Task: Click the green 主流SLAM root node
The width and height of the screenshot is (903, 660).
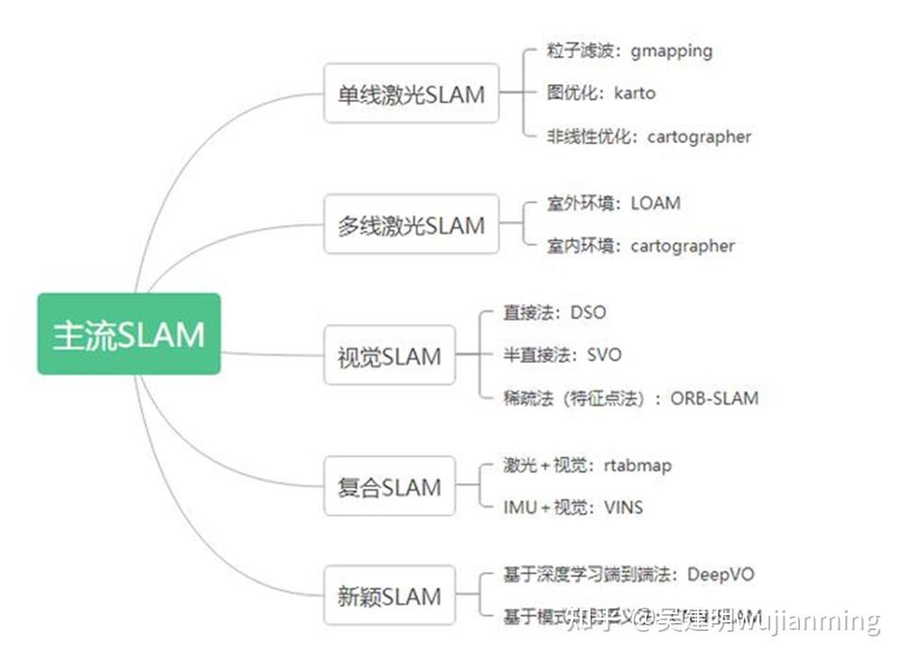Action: (129, 334)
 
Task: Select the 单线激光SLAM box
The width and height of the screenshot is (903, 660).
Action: (411, 94)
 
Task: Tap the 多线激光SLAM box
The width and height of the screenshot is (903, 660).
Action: (411, 225)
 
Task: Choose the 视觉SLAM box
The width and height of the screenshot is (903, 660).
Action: (389, 356)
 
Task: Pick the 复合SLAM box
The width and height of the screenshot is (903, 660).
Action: (389, 488)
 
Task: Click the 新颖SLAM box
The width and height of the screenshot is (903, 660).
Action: (389, 596)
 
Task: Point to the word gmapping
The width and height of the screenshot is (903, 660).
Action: (671, 51)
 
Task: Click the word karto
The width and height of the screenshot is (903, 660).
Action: (634, 93)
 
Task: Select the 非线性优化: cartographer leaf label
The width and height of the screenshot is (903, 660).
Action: (648, 137)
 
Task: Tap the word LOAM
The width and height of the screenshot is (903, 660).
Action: (656, 203)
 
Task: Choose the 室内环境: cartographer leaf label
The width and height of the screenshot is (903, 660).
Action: (640, 246)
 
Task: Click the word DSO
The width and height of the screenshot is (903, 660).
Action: (588, 312)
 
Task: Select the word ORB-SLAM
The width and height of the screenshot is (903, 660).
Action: (714, 398)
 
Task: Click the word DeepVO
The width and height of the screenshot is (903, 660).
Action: (721, 574)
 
